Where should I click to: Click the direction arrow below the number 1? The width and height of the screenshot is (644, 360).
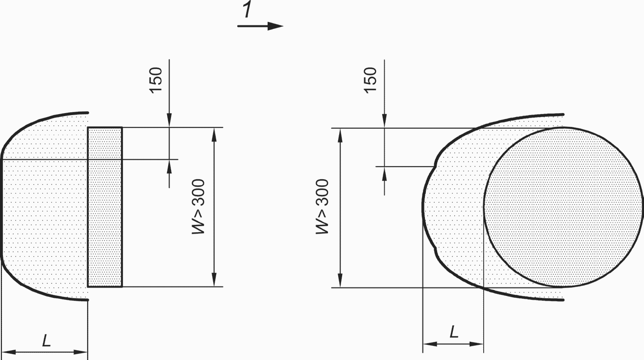tap(260, 26)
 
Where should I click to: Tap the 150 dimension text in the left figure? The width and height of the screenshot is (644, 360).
tap(156, 80)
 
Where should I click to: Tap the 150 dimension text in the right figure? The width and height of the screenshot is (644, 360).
tap(371, 80)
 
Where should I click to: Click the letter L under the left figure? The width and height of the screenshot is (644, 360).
tap(47, 341)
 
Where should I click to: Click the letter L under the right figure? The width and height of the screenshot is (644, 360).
tap(454, 332)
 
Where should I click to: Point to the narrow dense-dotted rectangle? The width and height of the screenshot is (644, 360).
tap(105, 207)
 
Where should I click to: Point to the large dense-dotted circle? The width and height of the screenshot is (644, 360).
tap(563, 207)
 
